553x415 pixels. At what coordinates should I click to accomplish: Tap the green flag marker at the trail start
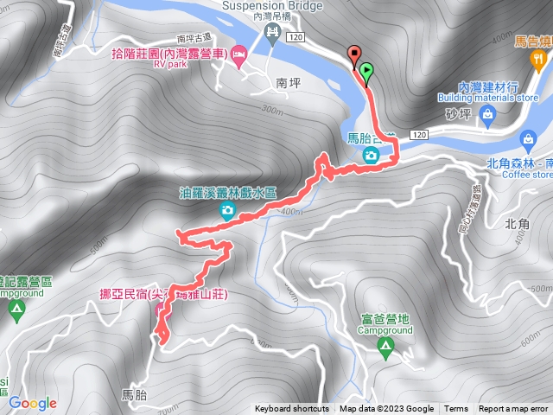pyautogui.click(x=366, y=73)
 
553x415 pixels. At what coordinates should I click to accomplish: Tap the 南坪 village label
pyautogui.click(x=287, y=84)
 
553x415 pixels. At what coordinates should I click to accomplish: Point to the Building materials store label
pyautogui.click(x=487, y=98)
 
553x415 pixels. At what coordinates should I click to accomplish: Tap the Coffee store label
pyautogui.click(x=525, y=174)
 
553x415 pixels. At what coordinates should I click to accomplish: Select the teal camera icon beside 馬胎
pyautogui.click(x=370, y=156)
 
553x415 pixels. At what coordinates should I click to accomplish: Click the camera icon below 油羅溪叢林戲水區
pyautogui.click(x=226, y=211)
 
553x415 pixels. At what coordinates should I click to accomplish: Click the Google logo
pyautogui.click(x=32, y=403)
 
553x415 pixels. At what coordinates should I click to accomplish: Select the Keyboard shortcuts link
pyautogui.click(x=291, y=409)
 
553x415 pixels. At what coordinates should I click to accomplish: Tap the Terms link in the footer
pyautogui.click(x=456, y=409)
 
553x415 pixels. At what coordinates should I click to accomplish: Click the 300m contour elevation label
pyautogui.click(x=270, y=111)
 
